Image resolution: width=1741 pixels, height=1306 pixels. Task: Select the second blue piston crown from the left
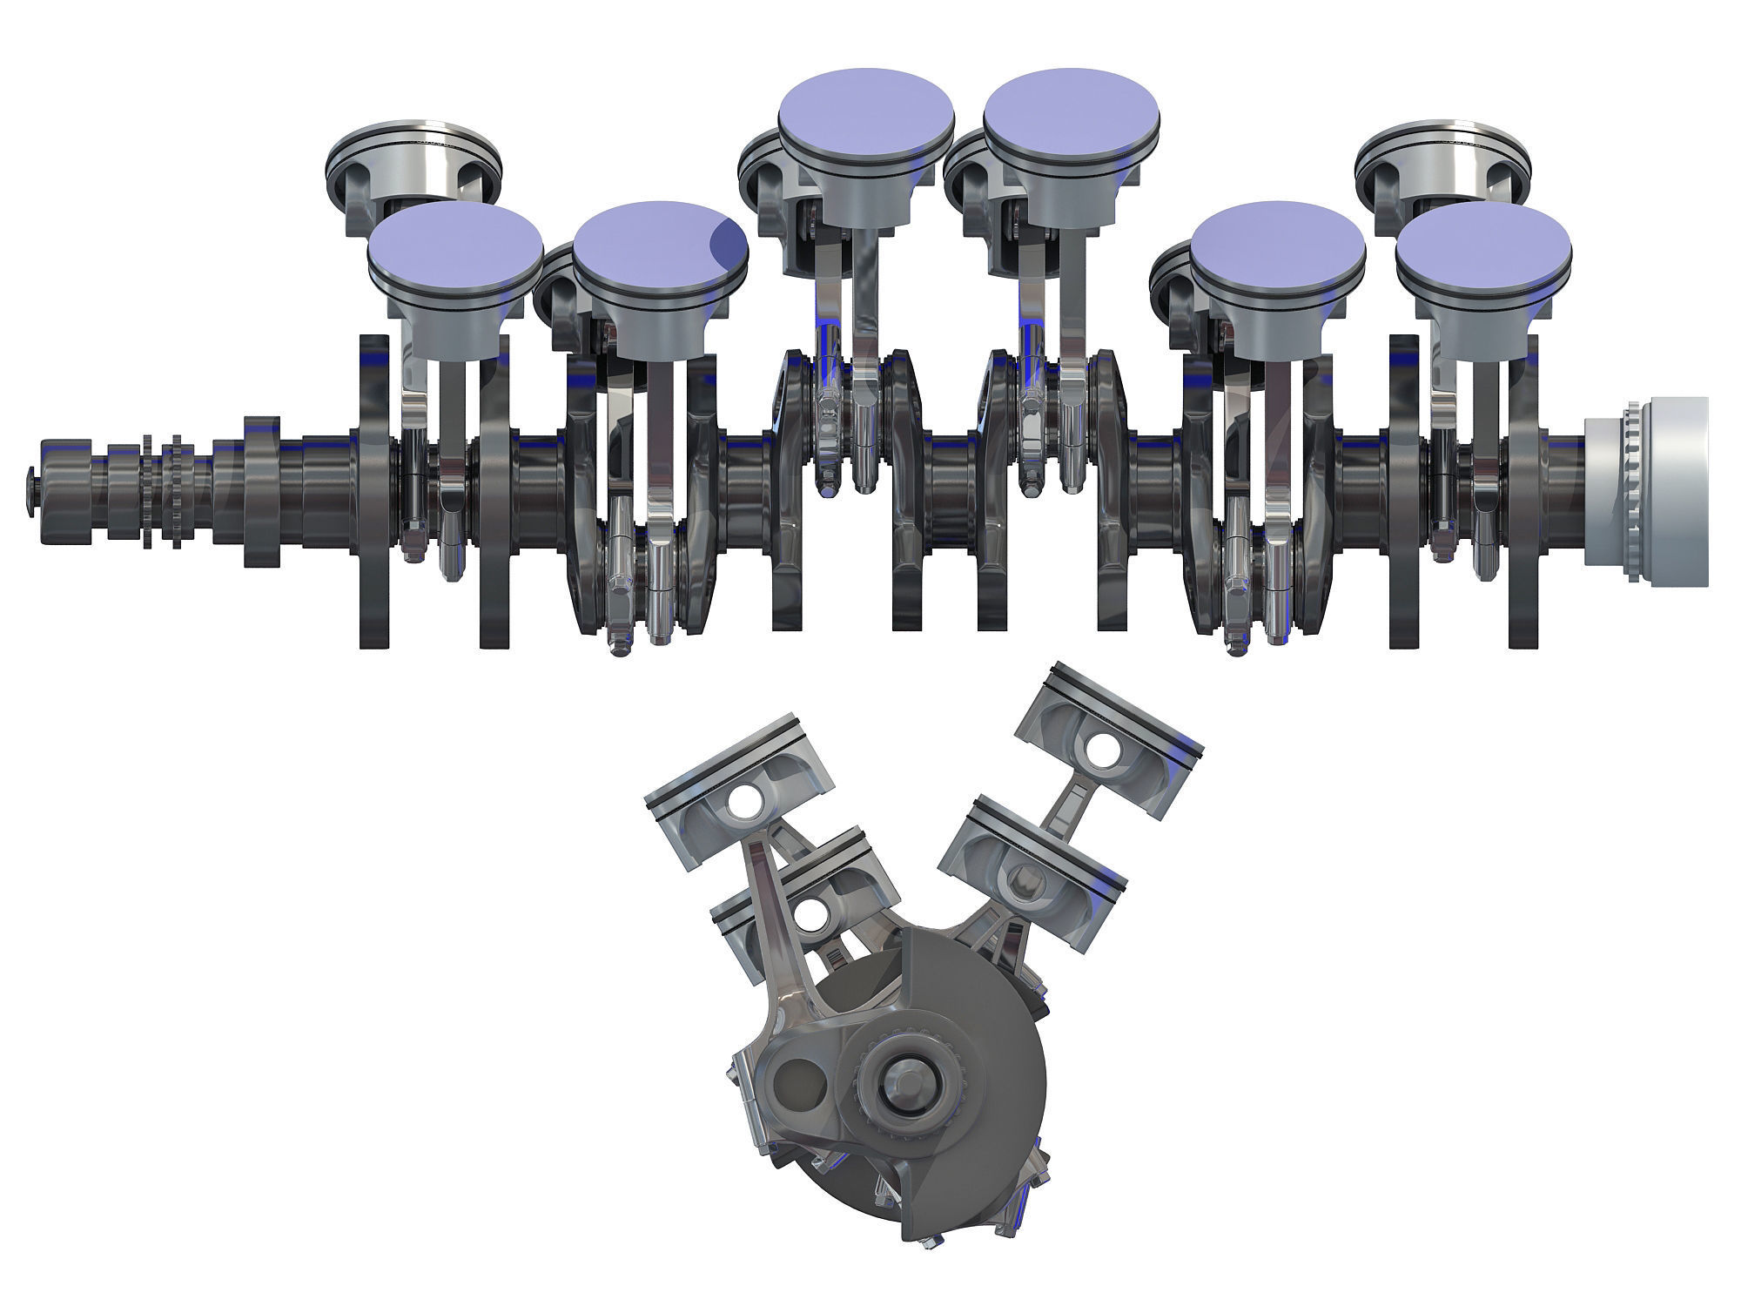pos(660,241)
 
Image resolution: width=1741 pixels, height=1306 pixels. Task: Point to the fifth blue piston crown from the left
pos(1277,241)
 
